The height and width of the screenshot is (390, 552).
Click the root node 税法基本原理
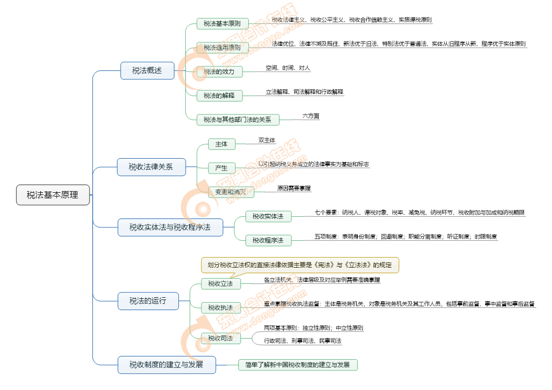tap(53, 195)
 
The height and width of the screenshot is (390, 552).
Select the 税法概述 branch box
tap(147, 70)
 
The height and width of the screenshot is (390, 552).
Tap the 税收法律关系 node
tap(151, 167)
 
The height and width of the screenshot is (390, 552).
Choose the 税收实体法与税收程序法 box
tap(170, 227)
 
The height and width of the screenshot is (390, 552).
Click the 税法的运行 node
tap(148, 301)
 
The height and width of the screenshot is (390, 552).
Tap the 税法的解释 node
tap(219, 95)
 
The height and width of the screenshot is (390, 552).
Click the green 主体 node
tap(221, 144)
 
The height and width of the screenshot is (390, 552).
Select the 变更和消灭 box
tap(231, 192)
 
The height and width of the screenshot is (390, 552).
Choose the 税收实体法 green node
tap(268, 216)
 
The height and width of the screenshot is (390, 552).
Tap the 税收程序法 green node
tap(268, 240)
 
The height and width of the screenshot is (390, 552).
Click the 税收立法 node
tap(221, 284)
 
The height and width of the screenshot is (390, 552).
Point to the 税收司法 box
tap(221, 337)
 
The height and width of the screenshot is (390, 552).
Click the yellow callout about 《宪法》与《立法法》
tap(300, 265)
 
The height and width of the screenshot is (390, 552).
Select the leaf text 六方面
tap(310, 116)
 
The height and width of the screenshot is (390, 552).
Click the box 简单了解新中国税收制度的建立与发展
tap(298, 365)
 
